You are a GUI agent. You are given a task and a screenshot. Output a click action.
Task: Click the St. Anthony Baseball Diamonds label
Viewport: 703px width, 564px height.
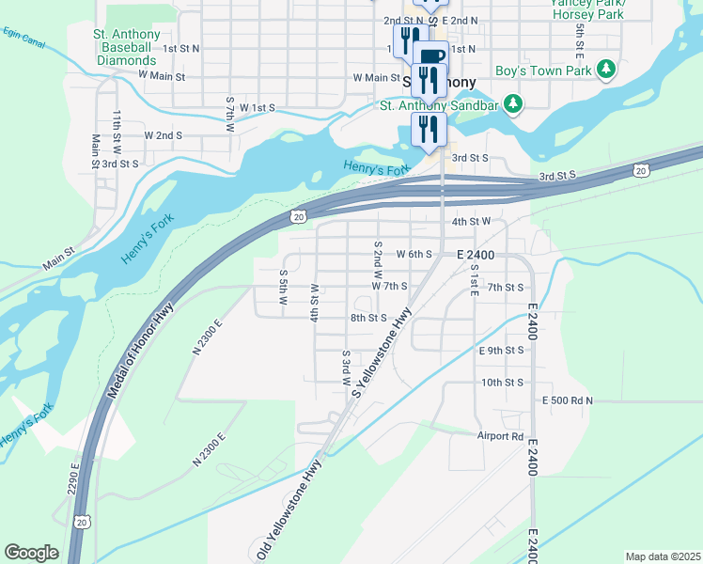126,47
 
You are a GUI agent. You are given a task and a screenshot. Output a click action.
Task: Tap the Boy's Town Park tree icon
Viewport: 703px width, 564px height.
607,70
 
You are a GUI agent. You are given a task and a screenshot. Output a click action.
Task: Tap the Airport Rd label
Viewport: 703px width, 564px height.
500,436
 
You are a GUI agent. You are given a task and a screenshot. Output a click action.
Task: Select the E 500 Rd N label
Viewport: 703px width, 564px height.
568,400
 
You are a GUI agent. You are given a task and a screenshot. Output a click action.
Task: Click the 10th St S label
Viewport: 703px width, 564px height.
502,383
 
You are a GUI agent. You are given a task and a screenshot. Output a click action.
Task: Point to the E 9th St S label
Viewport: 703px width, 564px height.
500,351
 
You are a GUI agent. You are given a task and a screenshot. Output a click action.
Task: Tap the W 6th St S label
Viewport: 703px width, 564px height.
414,255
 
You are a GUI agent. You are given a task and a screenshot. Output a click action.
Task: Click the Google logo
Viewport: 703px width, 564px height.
31,552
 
